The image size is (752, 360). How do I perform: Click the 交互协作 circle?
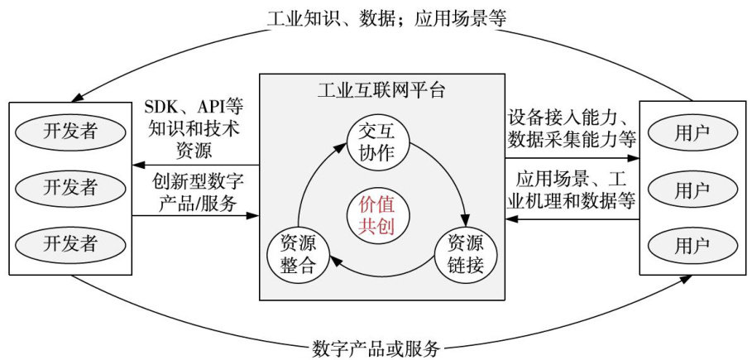378,142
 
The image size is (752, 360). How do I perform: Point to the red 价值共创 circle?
378,216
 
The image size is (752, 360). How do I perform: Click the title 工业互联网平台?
381,90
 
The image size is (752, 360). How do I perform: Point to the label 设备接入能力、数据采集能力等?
572,125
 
